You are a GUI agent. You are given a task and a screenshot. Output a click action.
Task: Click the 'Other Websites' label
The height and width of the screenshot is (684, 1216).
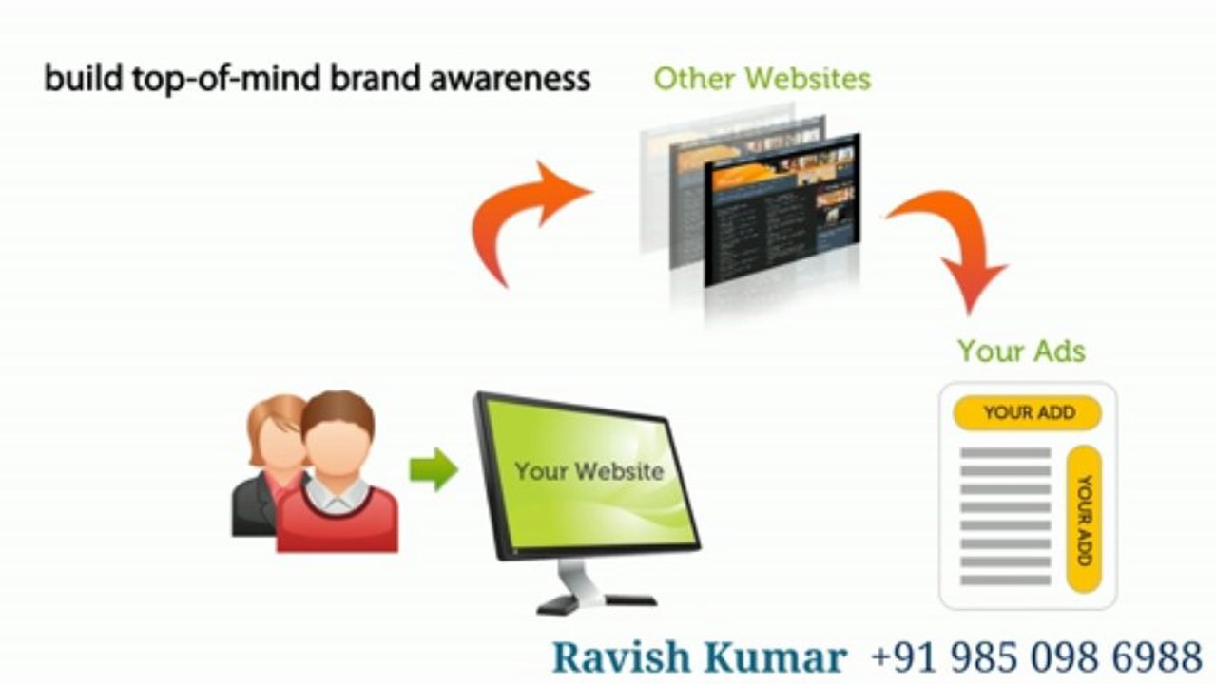pos(762,79)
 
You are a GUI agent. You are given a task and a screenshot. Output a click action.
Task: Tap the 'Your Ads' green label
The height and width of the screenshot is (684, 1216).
pos(1021,351)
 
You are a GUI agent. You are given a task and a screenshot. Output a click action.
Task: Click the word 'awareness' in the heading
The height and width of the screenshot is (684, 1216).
pos(511,78)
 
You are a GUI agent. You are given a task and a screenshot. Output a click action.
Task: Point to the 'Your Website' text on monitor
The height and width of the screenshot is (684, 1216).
pos(589,470)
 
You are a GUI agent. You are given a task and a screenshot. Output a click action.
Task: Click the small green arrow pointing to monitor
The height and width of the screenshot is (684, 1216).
pos(434,469)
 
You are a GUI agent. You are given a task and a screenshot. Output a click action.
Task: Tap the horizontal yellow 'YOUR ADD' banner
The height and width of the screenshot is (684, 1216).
pos(1028,413)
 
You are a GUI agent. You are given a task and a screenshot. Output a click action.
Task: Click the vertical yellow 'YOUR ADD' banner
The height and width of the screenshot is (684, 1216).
pos(1085,519)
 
